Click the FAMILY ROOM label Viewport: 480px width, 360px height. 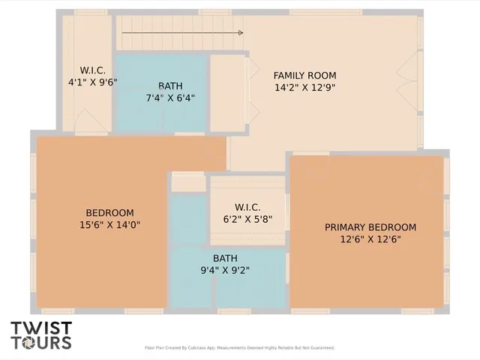304,75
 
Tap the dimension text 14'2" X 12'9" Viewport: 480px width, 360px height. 304,87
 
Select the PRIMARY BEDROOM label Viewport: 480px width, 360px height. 370,227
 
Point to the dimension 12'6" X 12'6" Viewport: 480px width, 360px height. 370,239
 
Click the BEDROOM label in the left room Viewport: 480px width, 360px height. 109,212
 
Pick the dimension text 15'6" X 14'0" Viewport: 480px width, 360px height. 109,224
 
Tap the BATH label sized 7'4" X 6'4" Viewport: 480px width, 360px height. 170,85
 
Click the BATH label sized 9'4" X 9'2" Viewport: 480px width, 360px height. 225,258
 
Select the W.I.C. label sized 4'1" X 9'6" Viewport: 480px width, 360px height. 92,70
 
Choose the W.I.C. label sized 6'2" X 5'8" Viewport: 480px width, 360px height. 247,207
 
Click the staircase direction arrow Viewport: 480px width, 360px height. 182,33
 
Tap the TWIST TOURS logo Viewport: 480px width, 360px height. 41,335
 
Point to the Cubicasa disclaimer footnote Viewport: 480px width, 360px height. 239,348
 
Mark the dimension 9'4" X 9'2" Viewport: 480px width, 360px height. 225,270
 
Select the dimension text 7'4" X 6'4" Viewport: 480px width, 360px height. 170,97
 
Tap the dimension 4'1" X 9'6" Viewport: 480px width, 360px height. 92,82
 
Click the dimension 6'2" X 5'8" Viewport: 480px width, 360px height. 247,219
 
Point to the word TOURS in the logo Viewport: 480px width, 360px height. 41,343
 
